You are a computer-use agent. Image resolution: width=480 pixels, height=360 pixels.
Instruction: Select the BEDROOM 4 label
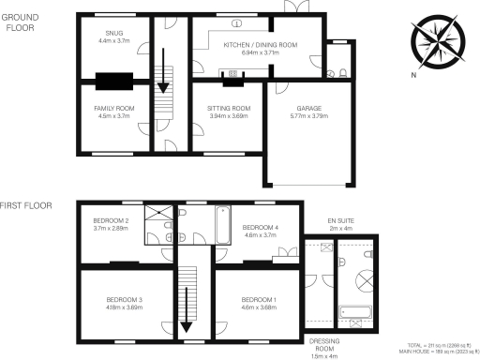click(261, 227)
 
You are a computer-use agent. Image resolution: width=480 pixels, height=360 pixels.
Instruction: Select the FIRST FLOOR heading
click(25, 204)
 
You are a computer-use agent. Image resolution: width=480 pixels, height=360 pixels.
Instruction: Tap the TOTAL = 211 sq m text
click(440, 345)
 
